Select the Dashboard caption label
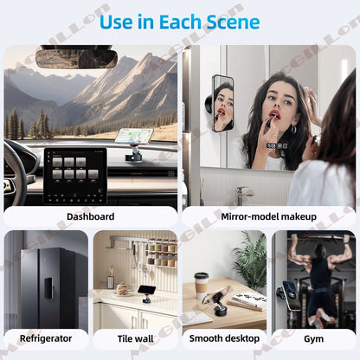(90, 216)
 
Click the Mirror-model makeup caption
(270, 216)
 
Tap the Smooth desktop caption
(223, 338)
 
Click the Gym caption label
(312, 338)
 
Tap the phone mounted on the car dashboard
(133, 137)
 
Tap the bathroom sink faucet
(245, 191)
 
